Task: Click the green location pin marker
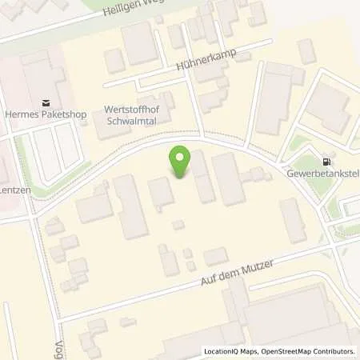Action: coord(180,162)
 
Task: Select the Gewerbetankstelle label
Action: coord(324,172)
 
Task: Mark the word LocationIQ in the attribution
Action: coord(223,351)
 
